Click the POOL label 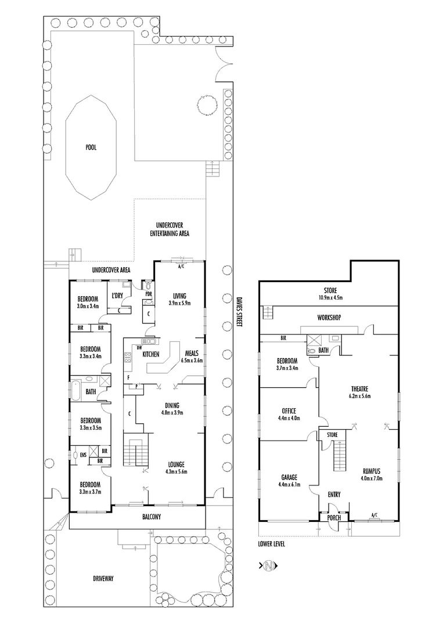pos(91,147)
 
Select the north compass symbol pos(268,565)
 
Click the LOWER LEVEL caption pos(272,545)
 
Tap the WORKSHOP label pos(328,318)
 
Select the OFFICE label pos(289,412)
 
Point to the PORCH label pos(334,518)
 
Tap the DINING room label pos(171,405)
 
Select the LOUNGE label pos(176,464)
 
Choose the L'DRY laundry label pos(117,296)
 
